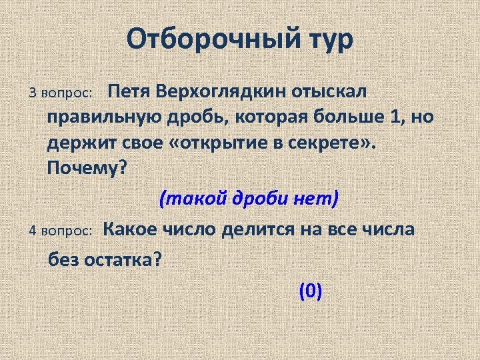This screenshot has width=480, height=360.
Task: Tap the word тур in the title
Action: (327, 40)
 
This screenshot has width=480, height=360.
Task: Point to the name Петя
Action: (130, 90)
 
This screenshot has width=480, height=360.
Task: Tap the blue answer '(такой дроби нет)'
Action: (249, 197)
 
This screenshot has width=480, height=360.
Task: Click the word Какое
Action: (131, 229)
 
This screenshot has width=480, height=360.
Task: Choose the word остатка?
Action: (123, 259)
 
